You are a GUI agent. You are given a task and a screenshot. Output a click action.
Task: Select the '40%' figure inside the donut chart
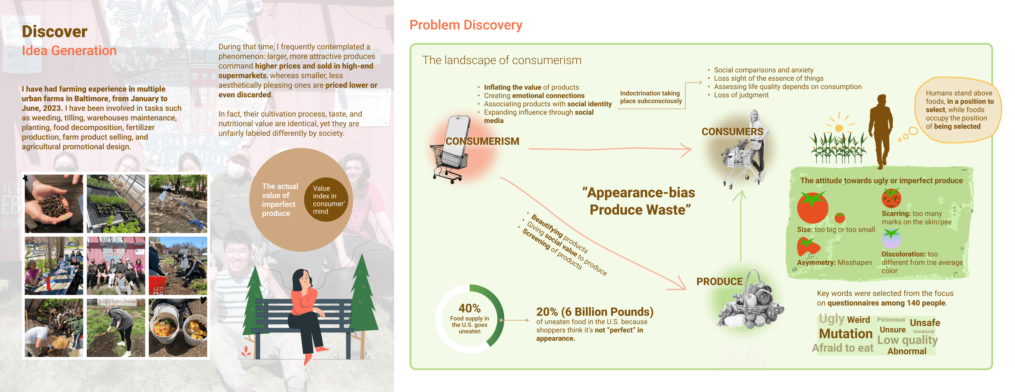pyautogui.click(x=469, y=308)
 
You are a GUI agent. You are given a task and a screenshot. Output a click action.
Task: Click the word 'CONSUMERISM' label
pyautogui.click(x=482, y=141)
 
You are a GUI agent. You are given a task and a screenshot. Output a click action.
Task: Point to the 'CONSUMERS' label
pyautogui.click(x=732, y=132)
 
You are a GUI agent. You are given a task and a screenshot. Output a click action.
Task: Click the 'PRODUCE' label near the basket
pyautogui.click(x=720, y=282)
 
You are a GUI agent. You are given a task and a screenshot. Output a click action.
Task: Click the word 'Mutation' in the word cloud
pyautogui.click(x=846, y=334)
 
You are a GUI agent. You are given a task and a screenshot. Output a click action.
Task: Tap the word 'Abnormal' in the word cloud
pyautogui.click(x=907, y=351)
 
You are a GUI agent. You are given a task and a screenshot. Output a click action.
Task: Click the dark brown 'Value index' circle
pyautogui.click(x=326, y=200)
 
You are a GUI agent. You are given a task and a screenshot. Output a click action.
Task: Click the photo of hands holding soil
pyautogui.click(x=54, y=204)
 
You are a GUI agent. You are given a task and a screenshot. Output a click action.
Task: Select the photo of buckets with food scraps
pyautogui.click(x=178, y=328)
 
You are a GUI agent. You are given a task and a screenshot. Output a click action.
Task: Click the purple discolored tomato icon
pyautogui.click(x=891, y=238)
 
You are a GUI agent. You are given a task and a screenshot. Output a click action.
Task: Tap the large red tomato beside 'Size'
pyautogui.click(x=812, y=207)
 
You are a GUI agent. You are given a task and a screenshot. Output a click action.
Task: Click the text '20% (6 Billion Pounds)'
pyautogui.click(x=595, y=312)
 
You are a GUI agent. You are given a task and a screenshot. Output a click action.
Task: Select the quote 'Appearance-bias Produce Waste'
pyautogui.click(x=639, y=201)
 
